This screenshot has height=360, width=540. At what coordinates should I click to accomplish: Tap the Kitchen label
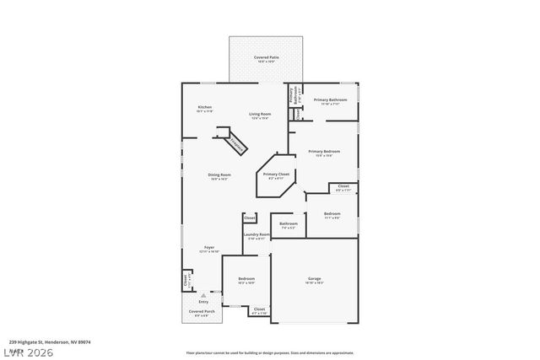point(204,108)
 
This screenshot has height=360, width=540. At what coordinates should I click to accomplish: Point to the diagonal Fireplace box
point(235,145)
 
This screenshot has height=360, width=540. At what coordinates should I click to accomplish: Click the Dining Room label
point(219,176)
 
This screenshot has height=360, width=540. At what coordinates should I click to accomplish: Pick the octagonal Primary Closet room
point(278,175)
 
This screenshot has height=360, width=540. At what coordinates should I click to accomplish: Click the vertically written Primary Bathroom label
point(292,96)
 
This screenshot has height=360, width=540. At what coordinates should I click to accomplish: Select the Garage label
point(315,279)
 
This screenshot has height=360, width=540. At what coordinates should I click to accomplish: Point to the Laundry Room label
point(256,235)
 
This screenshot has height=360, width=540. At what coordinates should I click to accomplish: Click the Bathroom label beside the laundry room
point(288,225)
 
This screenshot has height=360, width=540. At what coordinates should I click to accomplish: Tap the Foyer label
point(208,249)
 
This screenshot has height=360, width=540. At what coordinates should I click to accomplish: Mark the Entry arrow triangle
point(203,294)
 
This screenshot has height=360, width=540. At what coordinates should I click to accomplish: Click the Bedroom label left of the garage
point(246,279)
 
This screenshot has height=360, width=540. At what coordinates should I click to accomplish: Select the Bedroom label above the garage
point(332,215)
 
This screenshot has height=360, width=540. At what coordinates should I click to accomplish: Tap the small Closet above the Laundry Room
point(250,218)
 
